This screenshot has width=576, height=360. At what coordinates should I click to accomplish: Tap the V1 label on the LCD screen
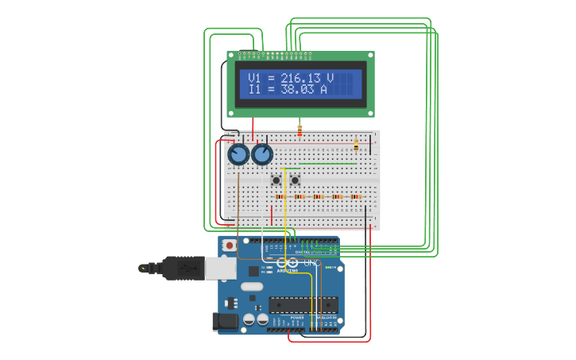(x=254, y=78)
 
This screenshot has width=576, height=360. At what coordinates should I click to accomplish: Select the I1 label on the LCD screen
(x=254, y=90)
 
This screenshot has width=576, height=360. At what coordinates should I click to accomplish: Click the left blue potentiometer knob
(x=238, y=154)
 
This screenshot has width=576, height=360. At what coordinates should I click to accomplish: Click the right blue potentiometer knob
(x=262, y=154)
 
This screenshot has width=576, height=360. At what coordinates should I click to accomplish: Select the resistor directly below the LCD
(x=300, y=129)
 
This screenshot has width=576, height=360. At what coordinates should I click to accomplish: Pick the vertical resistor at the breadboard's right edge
(x=356, y=145)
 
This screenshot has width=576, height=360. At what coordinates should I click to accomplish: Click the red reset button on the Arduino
(x=230, y=246)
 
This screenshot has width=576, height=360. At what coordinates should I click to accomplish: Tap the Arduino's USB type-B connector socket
(x=220, y=268)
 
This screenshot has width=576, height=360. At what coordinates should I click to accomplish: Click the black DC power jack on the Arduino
(x=226, y=322)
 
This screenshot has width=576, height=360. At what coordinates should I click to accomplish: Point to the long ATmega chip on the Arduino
(x=303, y=304)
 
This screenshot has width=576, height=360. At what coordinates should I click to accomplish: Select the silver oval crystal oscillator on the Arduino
(x=251, y=287)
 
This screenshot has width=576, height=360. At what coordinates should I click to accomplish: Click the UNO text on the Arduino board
(x=311, y=263)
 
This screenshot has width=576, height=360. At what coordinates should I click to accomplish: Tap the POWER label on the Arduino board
(x=297, y=317)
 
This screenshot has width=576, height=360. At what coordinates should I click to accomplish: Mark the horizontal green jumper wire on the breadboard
(x=327, y=164)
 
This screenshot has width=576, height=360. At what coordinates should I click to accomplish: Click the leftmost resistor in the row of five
(x=279, y=196)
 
